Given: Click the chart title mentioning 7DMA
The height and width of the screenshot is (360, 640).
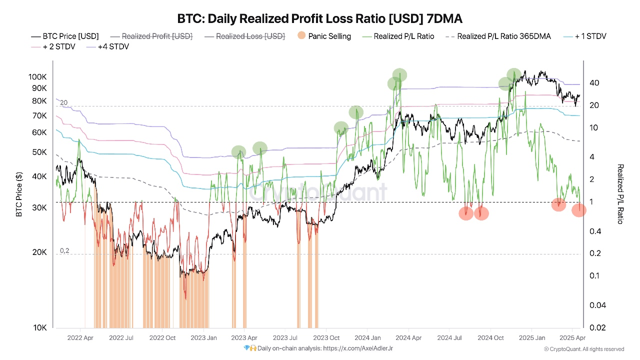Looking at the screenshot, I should click(320, 19).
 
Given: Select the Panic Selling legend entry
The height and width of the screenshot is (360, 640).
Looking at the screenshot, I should click(324, 36).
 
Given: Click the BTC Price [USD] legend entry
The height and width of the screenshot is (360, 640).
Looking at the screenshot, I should click(65, 36).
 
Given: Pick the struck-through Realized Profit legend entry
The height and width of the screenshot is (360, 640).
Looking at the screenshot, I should click(151, 36).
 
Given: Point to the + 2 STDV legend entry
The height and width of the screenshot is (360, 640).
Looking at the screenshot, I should click(53, 46).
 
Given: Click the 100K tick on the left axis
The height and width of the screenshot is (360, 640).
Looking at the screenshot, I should click(37, 77).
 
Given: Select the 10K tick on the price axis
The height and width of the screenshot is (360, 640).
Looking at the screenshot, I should click(40, 327).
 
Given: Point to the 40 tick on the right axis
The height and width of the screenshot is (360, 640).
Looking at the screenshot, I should click(594, 82).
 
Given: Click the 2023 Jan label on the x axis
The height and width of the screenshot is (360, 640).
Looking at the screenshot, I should click(203, 338).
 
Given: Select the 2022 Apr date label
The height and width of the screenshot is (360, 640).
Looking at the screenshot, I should click(80, 338).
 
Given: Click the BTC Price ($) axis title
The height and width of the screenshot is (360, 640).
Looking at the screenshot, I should click(19, 195).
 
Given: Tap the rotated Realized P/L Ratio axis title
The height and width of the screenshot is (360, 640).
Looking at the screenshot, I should click(620, 194).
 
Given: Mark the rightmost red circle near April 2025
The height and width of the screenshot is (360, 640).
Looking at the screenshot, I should click(578, 210).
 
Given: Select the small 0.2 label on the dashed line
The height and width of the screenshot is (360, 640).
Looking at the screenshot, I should click(64, 250).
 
